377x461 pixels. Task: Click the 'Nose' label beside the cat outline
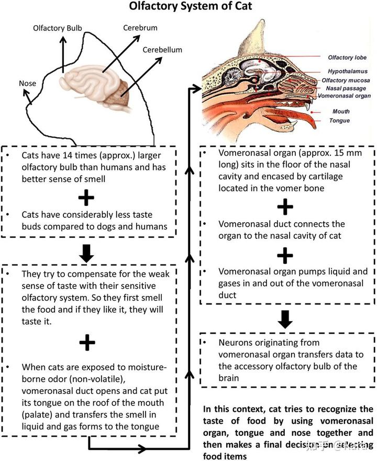[27, 83]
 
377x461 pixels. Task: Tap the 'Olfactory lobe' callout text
[347, 58]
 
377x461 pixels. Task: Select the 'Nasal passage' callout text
[344, 89]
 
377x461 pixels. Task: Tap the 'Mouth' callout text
[341, 112]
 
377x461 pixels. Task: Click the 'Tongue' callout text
[339, 120]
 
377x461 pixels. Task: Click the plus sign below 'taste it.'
[87, 343]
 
